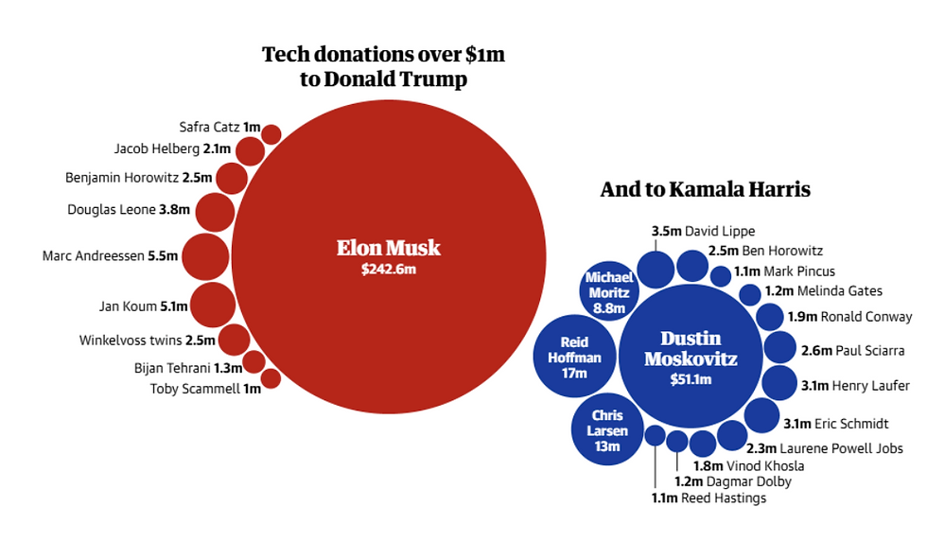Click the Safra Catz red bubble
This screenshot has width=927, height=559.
coord(271,134)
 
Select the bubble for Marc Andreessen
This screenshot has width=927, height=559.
coord(205,257)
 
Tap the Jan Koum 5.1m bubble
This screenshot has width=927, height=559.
coord(212,306)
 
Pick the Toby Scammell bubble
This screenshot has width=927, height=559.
coord(271,378)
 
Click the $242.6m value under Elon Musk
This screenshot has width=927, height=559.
coord(388,270)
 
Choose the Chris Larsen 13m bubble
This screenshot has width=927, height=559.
coord(607,430)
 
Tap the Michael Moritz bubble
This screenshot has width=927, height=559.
coord(608,291)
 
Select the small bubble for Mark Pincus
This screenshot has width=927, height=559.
coord(721,276)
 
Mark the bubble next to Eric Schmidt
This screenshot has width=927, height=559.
coord(761,415)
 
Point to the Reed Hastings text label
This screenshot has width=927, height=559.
coord(723,498)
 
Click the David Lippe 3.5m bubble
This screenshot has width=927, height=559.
coord(655,270)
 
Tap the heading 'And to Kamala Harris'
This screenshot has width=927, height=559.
coord(705,189)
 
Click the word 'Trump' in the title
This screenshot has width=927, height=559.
coord(436,79)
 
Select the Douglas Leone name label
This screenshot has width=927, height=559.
coord(111,210)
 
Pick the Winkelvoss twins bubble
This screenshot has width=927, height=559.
coord(234,340)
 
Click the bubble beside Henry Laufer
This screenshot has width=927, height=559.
coord(779,383)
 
